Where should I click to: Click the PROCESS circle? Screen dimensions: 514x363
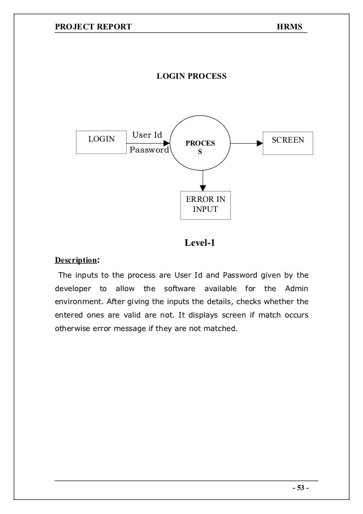click(x=200, y=143)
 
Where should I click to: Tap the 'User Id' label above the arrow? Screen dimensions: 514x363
click(x=147, y=135)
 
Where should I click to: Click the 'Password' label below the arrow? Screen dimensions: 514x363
click(x=149, y=150)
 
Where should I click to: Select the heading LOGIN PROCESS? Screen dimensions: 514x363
click(x=191, y=77)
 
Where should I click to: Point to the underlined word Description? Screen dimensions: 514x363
click(x=75, y=260)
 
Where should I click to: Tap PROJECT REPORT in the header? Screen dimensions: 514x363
click(x=93, y=26)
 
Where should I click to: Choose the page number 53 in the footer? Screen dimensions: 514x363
click(x=300, y=488)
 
